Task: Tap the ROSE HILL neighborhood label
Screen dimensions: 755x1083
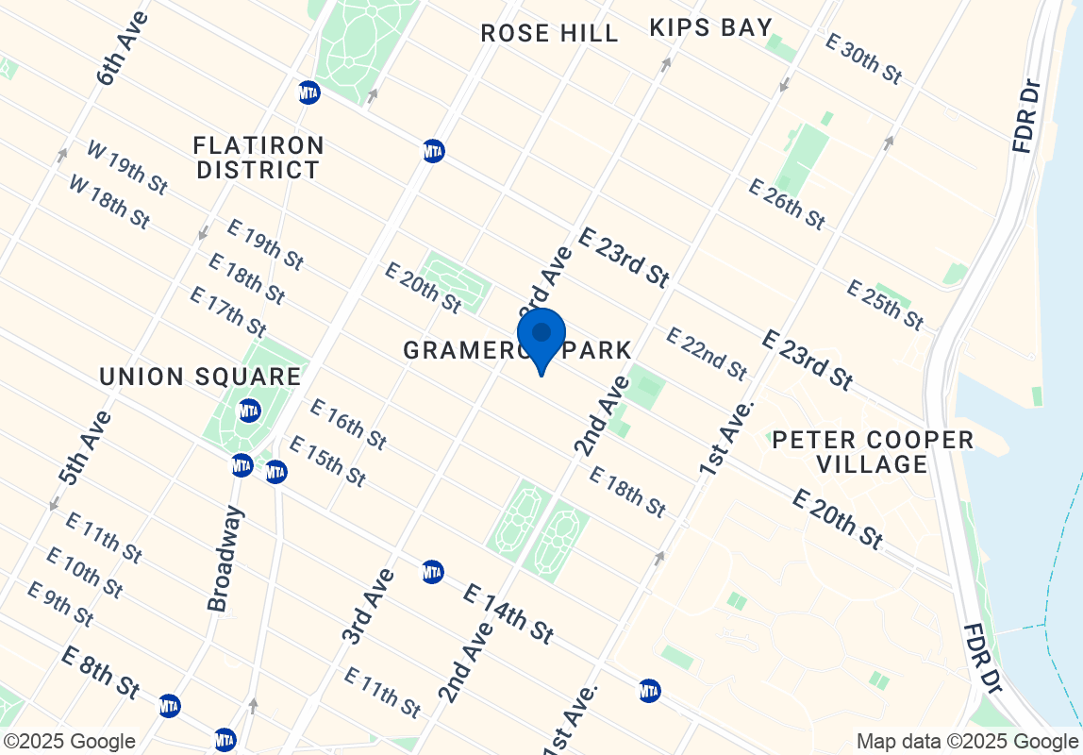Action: click(549, 34)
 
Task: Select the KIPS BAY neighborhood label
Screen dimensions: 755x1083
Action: click(711, 28)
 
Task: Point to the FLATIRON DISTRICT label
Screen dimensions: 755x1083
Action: click(258, 159)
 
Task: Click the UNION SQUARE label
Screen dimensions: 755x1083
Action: click(200, 377)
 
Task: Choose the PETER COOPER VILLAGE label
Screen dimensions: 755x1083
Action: click(873, 452)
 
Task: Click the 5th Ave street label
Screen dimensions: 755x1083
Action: click(84, 448)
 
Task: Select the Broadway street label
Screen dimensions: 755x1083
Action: click(225, 559)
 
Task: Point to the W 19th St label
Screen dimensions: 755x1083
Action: click(127, 168)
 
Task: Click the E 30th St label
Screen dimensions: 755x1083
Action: click(863, 59)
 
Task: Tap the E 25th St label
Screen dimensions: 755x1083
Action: click(885, 305)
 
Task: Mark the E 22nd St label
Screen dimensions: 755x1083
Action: click(707, 353)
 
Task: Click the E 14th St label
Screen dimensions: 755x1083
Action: click(508, 612)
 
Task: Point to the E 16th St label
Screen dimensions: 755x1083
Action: click(348, 425)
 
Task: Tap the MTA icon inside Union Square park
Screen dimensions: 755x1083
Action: click(249, 411)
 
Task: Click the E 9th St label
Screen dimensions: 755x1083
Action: click(60, 604)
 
